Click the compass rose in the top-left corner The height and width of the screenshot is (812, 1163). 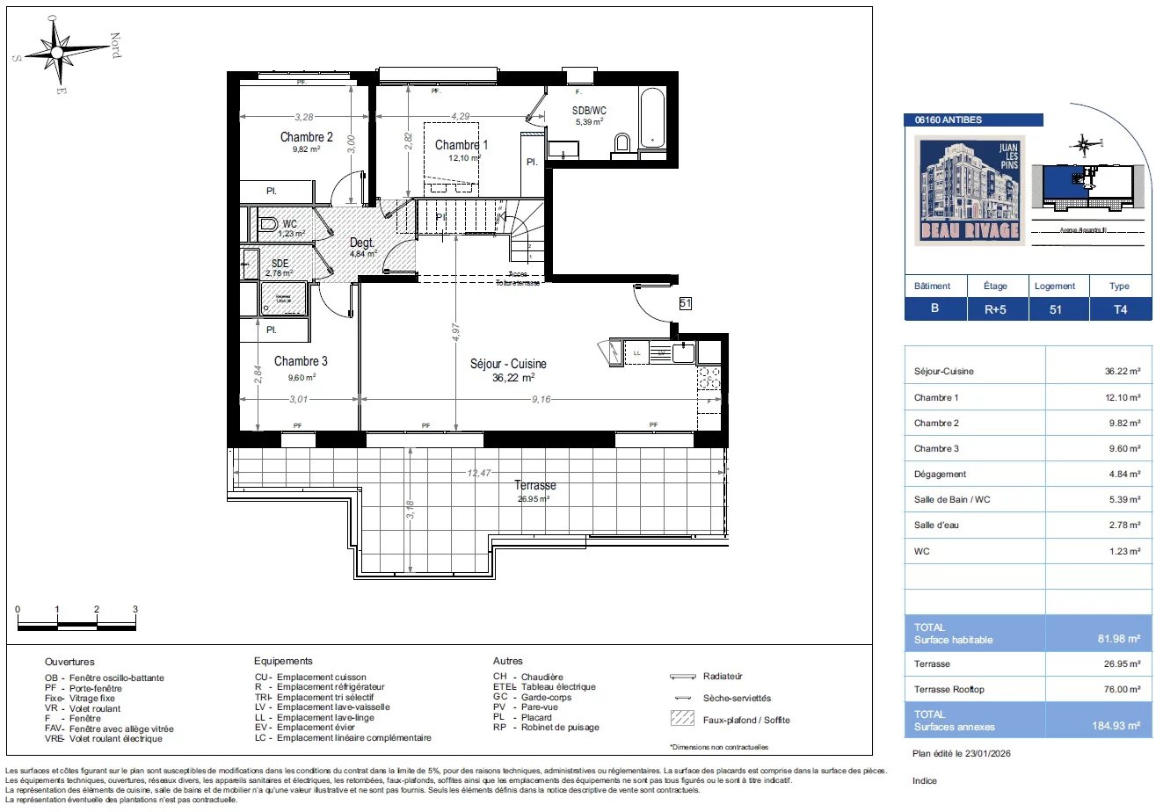(x=57, y=53)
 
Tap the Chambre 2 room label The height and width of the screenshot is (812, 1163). (x=306, y=137)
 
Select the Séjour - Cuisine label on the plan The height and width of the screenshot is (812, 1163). (x=508, y=364)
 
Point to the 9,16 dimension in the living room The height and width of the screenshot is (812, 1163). (x=541, y=400)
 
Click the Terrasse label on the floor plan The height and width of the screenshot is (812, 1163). (x=534, y=485)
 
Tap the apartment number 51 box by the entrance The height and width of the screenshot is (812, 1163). (x=686, y=303)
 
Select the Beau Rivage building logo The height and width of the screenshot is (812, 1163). (x=970, y=190)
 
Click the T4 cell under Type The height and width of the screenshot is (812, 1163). (x=1119, y=309)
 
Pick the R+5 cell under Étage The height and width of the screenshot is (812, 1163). (x=995, y=309)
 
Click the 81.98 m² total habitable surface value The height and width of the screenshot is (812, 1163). (x=1118, y=639)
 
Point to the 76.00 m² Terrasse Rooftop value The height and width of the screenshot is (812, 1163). (x=1122, y=690)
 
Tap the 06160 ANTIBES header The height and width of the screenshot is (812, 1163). (x=949, y=120)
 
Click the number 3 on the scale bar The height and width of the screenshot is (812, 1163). (x=134, y=610)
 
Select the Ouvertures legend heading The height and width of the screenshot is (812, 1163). (x=69, y=662)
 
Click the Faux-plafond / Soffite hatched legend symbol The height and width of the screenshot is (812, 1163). (x=681, y=719)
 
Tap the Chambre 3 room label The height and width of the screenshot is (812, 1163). (x=301, y=361)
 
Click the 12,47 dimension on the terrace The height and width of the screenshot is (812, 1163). (x=479, y=473)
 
